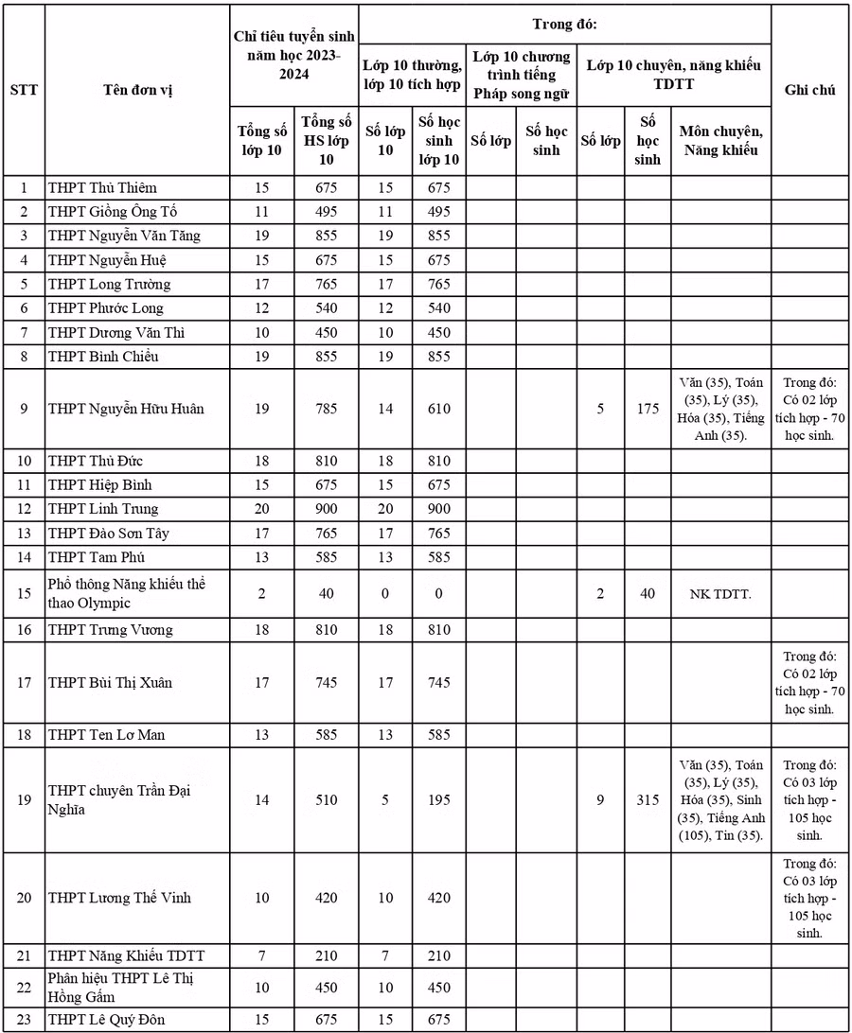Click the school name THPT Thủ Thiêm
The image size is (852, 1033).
102,187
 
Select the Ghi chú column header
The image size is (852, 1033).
809,91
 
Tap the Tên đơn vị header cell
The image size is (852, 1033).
138,91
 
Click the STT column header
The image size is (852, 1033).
24,91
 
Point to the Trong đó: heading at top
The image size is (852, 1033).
564,21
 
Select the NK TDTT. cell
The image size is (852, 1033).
720,594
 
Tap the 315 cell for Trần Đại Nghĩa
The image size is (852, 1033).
648,800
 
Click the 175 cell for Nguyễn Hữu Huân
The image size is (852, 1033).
648,410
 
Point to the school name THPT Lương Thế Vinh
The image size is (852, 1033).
119,897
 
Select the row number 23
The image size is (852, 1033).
24,1019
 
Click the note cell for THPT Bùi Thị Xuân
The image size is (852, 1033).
809,682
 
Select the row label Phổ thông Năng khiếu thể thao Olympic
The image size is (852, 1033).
127,594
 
